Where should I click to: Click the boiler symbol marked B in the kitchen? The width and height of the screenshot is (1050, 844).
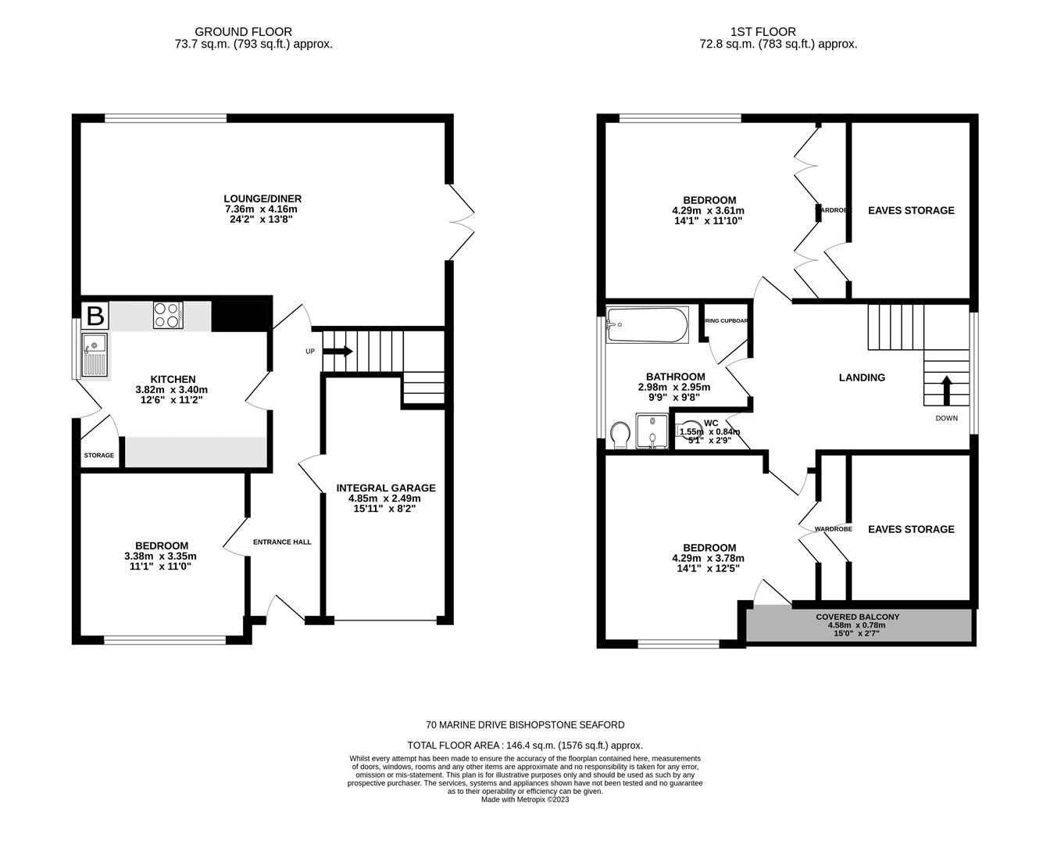tap(95, 316)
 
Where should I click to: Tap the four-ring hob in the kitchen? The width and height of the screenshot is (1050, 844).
tap(168, 315)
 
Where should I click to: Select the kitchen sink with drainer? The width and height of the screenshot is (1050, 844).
tap(96, 354)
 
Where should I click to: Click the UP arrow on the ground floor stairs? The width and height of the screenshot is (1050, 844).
tap(337, 352)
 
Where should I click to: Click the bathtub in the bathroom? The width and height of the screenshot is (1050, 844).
tap(648, 324)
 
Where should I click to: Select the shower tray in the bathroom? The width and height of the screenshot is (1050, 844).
tap(650, 432)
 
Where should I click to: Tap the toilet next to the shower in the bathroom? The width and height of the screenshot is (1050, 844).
tap(620, 435)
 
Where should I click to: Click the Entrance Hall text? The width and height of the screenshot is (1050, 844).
tap(282, 542)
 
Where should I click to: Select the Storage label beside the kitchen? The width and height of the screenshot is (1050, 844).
tap(99, 456)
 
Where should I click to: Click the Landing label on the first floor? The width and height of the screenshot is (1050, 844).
tap(862, 377)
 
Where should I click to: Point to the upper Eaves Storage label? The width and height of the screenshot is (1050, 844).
tap(911, 210)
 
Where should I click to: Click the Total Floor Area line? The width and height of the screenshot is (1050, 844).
tap(525, 746)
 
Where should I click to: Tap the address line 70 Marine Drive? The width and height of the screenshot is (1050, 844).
tap(525, 725)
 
